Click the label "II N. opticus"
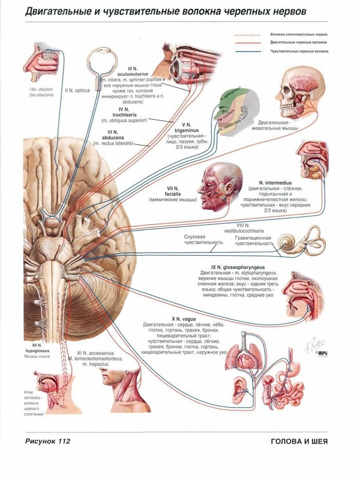(77, 90)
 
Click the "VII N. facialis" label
(173, 191)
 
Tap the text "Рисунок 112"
(48, 442)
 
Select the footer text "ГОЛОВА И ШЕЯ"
(299, 442)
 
